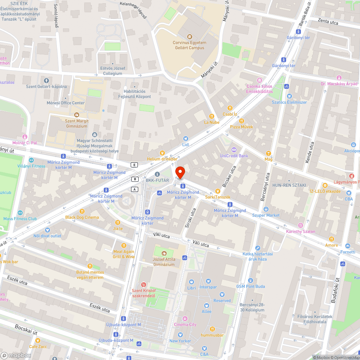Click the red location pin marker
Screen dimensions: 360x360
point(180,173)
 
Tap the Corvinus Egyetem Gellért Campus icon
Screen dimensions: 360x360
point(190,36)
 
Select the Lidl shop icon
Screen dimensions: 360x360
point(186,138)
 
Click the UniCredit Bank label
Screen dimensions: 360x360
point(234,156)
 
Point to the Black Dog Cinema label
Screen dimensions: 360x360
point(82,217)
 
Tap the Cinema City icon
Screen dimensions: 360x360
point(185,318)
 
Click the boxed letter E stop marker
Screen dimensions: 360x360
point(135,165)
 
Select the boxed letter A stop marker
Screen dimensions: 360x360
point(135,189)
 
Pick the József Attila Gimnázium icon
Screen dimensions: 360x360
point(164,253)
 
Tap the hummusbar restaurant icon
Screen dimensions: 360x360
point(212,329)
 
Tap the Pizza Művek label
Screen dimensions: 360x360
point(242,127)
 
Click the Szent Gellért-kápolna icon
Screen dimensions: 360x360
point(46,80)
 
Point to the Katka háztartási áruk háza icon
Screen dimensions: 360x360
point(257,248)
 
